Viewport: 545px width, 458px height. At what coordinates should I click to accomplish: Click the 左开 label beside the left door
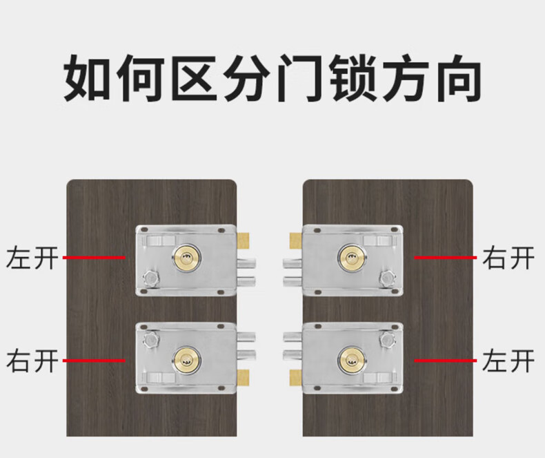[31, 258]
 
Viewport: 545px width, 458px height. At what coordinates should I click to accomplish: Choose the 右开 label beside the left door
[31, 361]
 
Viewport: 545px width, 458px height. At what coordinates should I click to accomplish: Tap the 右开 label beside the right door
[508, 258]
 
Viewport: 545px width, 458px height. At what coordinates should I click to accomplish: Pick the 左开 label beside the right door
[508, 361]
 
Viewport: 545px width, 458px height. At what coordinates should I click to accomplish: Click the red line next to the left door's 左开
[94, 258]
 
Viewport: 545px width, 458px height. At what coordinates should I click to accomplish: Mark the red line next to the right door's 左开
[445, 361]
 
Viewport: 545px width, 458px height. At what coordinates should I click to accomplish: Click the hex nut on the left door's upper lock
[150, 279]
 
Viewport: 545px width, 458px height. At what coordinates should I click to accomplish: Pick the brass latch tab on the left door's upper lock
[242, 240]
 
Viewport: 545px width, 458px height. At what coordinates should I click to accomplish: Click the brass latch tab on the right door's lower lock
[295, 376]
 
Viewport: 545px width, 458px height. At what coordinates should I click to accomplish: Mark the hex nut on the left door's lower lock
[150, 338]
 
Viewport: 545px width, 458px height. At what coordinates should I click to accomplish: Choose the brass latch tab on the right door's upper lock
[295, 240]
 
